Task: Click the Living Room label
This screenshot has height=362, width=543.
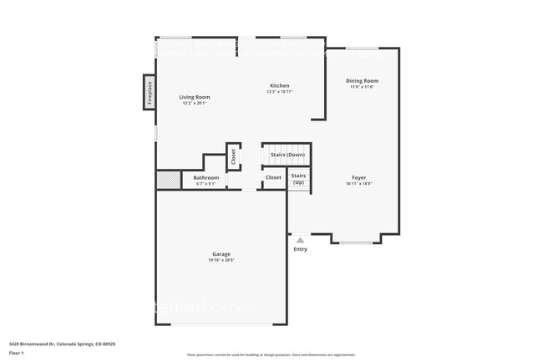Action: pyautogui.click(x=195, y=97)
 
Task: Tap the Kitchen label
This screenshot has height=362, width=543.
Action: pyautogui.click(x=279, y=85)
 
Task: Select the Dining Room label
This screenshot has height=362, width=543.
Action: pyautogui.click(x=362, y=80)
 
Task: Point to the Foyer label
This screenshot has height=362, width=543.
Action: pyautogui.click(x=358, y=177)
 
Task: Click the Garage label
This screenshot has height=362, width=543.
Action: pyautogui.click(x=221, y=253)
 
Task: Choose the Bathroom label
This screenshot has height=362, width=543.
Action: pyautogui.click(x=206, y=177)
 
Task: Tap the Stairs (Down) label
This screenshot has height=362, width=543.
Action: pyautogui.click(x=287, y=155)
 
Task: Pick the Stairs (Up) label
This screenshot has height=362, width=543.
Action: pyautogui.click(x=298, y=178)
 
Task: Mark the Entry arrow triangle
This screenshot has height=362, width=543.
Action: pyautogui.click(x=300, y=240)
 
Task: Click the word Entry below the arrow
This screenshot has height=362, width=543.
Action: pyautogui.click(x=300, y=249)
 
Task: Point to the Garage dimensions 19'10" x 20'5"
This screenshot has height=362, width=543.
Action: pyautogui.click(x=221, y=260)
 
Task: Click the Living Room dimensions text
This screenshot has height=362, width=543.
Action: pyautogui.click(x=195, y=104)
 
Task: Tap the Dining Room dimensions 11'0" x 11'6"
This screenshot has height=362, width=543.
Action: pyautogui.click(x=362, y=87)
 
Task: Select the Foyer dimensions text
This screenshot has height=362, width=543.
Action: pyautogui.click(x=358, y=184)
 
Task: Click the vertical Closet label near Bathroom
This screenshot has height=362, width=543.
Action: pyautogui.click(x=233, y=156)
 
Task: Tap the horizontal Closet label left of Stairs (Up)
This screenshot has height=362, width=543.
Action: pyautogui.click(x=273, y=177)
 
